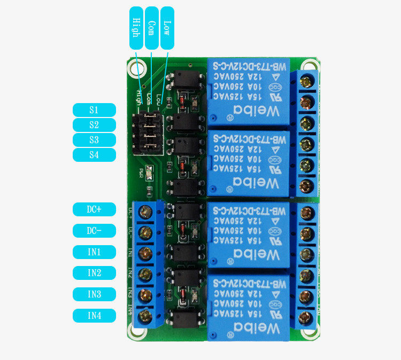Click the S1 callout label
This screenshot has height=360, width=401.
coord(94,110)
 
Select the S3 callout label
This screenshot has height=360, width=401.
coord(94,140)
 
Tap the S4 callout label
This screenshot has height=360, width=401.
coord(94,155)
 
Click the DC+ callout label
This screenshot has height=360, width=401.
coord(94,209)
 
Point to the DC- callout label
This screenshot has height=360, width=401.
coord(94,231)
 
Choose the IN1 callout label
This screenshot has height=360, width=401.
coord(94,252)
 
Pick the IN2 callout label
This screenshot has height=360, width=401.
coord(94,273)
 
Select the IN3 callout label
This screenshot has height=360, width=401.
coord(94,294)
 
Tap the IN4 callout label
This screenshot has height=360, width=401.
coord(94,316)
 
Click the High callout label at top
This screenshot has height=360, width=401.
coord(136,28)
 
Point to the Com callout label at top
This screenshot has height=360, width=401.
coord(151,28)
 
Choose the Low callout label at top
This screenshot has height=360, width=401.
coord(167,28)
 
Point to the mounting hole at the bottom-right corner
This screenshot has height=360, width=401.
coord(309,331)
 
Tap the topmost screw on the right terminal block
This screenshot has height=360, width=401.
coord(307,82)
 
